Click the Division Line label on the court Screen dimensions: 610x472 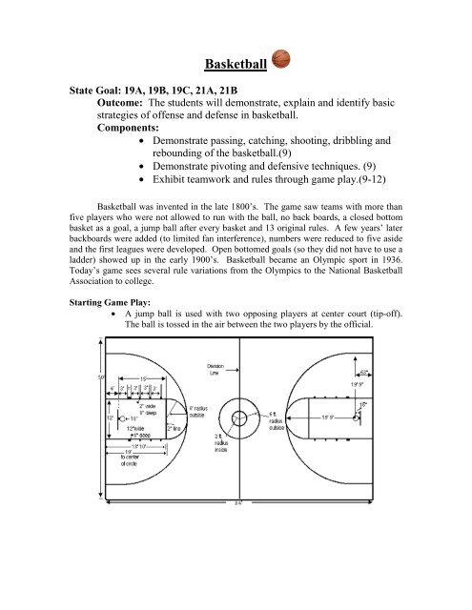click(x=215, y=397)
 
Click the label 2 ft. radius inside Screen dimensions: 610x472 click(x=218, y=469)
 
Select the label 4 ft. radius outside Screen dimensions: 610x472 click(x=274, y=446)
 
